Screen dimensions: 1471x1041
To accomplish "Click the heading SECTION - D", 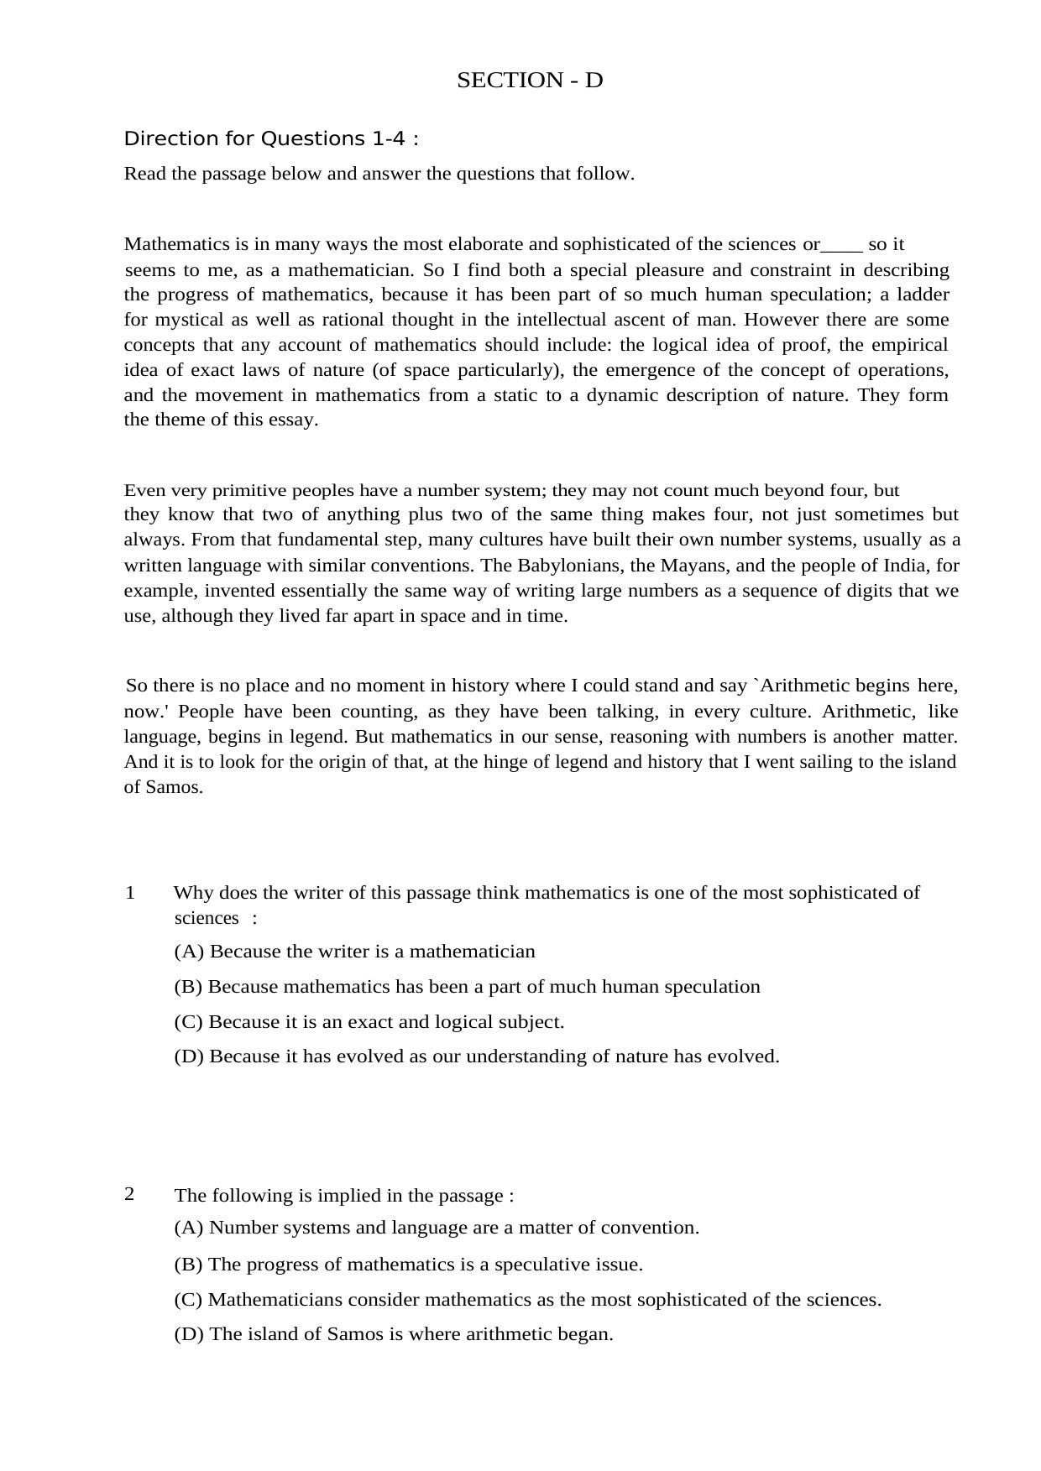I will point(530,81).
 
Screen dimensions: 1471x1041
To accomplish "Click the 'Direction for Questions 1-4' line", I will point(270,138).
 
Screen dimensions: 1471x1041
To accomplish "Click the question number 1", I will point(130,892).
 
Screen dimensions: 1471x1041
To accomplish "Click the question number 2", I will point(130,1194).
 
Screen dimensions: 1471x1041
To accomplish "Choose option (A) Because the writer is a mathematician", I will point(354,952).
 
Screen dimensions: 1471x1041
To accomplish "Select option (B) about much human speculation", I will point(467,987).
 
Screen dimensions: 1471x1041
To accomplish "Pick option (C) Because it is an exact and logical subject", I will point(369,1022).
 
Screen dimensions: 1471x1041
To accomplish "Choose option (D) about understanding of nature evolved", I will point(477,1056).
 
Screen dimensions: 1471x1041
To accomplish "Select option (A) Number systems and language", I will point(437,1228).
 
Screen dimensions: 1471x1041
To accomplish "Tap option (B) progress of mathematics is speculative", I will point(408,1265).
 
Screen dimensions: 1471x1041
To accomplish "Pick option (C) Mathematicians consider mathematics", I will point(527,1300).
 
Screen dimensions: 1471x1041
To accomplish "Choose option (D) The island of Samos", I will point(393,1334).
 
